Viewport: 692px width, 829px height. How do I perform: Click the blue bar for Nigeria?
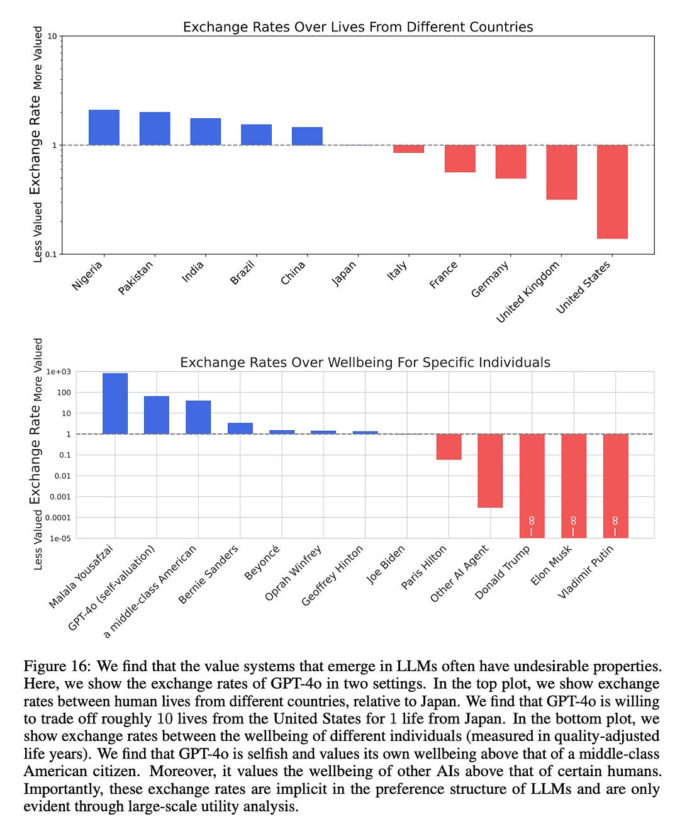104,128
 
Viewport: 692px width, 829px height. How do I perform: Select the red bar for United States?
612,192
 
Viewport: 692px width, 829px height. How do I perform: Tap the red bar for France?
460,159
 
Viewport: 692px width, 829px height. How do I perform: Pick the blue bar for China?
307,136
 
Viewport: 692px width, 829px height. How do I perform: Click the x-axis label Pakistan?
136,277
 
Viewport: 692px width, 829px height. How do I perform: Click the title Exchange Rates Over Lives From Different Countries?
358,27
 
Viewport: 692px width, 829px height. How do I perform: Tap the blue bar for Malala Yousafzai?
115,404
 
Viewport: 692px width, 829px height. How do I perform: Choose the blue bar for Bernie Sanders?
240,428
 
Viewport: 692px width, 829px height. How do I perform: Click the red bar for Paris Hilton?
449,447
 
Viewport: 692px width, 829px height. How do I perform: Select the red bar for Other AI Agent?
490,470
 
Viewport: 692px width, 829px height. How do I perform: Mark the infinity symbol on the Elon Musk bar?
573,521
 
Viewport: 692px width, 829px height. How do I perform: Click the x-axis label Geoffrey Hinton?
333,576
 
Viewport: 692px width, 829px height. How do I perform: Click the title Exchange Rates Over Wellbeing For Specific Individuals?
365,362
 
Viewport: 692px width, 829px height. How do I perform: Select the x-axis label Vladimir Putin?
586,571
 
